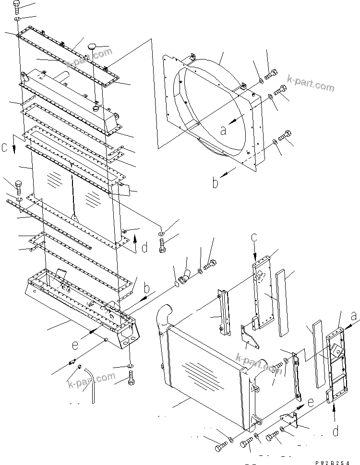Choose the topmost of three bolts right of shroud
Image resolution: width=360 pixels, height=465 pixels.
coord(271,74)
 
